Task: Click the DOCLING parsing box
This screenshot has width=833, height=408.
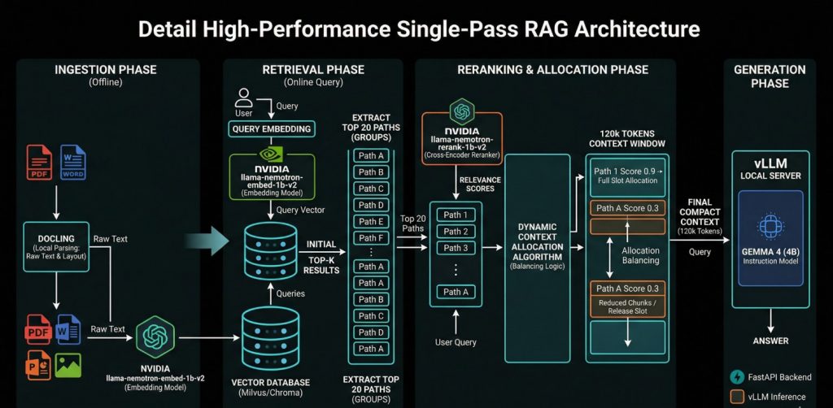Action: tap(56, 247)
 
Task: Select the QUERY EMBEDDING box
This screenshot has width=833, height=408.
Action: tap(272, 129)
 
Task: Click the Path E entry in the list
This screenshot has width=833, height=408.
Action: tap(371, 222)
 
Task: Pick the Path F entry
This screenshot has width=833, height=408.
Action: tap(371, 238)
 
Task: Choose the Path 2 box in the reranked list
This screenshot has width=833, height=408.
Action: tap(456, 232)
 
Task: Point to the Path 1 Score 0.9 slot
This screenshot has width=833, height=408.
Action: tap(627, 176)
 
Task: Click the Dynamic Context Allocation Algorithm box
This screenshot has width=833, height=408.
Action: tap(537, 258)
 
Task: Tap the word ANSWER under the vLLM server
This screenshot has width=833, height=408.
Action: tap(770, 341)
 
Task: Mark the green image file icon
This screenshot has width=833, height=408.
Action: tap(68, 366)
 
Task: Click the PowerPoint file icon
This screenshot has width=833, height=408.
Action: tap(38, 366)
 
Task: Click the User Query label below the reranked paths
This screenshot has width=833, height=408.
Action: tap(456, 342)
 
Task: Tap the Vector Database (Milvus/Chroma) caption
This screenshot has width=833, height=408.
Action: tap(270, 388)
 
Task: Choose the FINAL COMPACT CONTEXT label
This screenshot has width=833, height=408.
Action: tap(700, 216)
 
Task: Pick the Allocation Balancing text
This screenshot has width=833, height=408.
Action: tap(641, 256)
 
